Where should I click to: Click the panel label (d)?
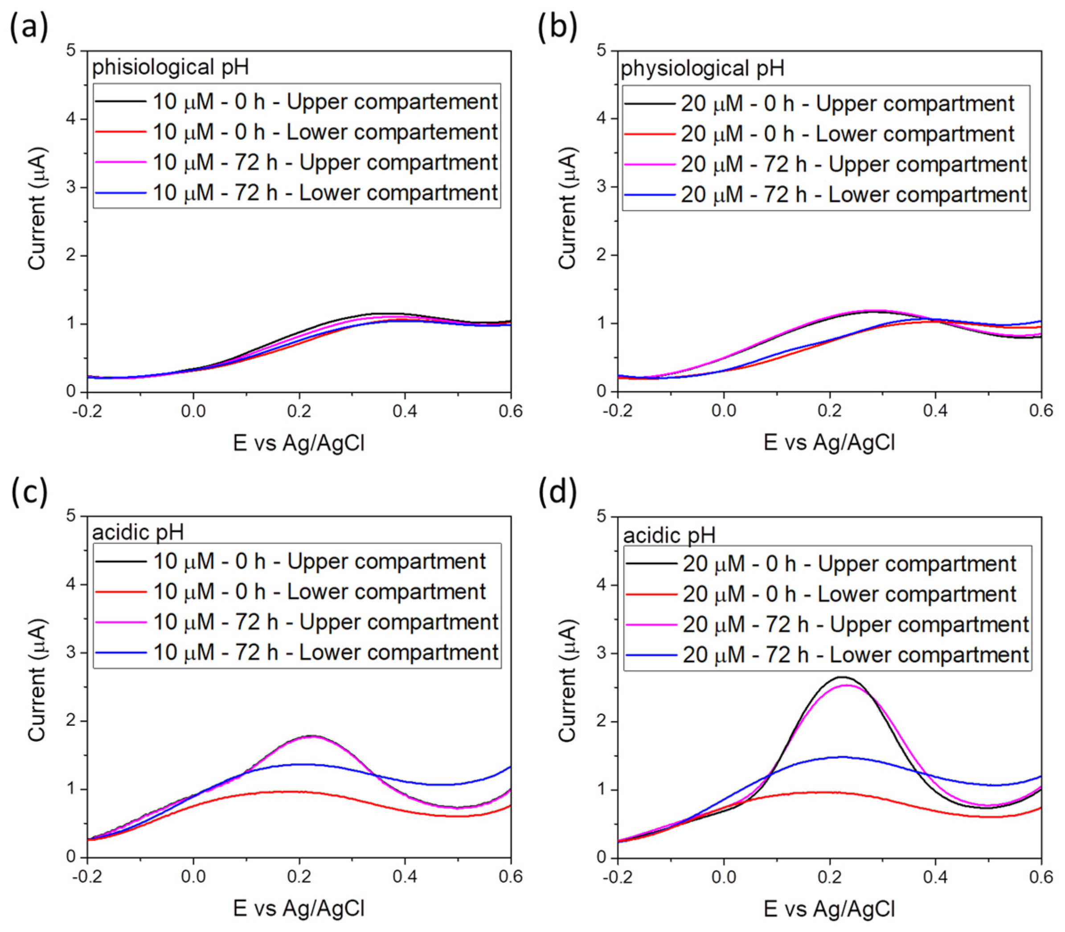click(x=557, y=491)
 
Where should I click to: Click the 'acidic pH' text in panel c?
click(x=138, y=532)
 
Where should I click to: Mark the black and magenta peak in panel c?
click(x=311, y=736)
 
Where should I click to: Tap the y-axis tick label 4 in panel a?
click(x=71, y=119)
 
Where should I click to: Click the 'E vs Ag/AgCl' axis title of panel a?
click(x=299, y=443)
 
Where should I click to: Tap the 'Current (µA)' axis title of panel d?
click(x=567, y=681)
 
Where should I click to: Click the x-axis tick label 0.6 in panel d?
click(x=1040, y=877)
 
